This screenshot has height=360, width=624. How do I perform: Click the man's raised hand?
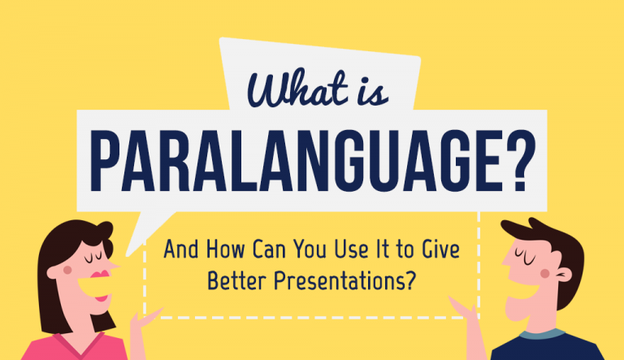tap(463, 313)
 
